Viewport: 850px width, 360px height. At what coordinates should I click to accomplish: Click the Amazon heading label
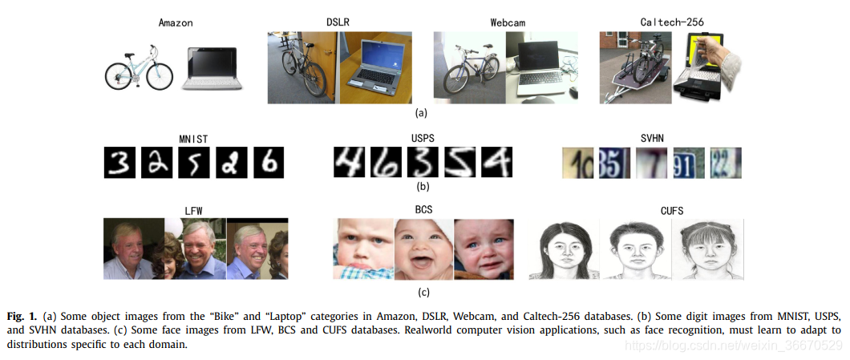[175, 22]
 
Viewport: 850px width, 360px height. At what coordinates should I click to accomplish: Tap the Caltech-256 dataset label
[673, 22]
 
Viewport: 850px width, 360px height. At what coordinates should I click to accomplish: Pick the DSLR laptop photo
[375, 69]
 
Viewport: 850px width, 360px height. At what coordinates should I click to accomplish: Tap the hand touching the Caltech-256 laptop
[727, 55]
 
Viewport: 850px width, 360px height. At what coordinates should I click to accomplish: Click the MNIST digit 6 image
[269, 164]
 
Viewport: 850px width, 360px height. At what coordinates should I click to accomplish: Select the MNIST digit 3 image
[119, 164]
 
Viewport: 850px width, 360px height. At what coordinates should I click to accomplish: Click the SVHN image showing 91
[688, 163]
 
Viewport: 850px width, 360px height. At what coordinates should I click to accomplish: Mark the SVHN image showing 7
[650, 163]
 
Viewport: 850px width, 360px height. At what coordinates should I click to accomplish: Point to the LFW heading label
[196, 211]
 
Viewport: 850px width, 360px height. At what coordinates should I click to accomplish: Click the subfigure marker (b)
[423, 188]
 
